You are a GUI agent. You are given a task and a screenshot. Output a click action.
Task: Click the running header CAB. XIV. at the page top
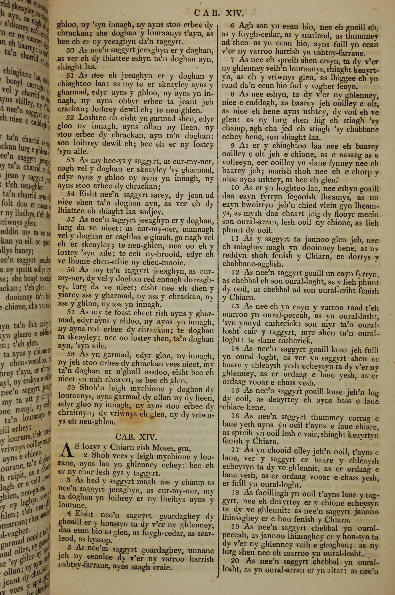pos(219,13)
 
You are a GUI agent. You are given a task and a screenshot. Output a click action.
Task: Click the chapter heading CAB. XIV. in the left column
pos(136,436)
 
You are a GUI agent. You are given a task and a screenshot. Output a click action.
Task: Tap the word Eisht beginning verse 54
pos(89,195)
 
